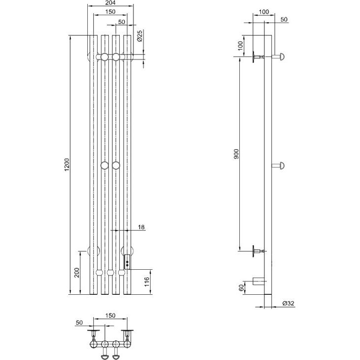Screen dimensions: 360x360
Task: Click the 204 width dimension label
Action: (x=111, y=3)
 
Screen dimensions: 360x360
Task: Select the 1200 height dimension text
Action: (x=67, y=164)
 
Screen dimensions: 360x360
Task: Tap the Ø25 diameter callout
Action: (x=139, y=36)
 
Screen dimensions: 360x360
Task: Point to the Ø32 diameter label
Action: (x=288, y=303)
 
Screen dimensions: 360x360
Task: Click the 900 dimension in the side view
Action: (x=236, y=154)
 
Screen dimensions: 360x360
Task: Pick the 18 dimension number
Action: (x=141, y=227)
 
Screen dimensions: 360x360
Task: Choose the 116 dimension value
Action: (x=147, y=282)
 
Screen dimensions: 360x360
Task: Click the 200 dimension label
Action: (x=77, y=273)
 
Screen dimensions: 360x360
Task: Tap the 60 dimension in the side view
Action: (x=241, y=288)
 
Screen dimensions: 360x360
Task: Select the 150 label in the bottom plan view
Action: (x=110, y=316)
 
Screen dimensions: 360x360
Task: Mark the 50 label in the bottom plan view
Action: (x=79, y=323)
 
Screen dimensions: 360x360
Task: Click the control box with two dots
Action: (x=127, y=262)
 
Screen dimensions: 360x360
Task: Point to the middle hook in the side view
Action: (x=278, y=165)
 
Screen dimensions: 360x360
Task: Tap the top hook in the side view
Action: (x=278, y=56)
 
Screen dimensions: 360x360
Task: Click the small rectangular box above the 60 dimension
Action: (x=258, y=281)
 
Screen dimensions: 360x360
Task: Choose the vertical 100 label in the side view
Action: (x=240, y=46)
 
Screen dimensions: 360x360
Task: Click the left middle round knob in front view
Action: (x=104, y=165)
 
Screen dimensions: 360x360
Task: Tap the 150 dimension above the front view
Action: (x=110, y=11)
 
